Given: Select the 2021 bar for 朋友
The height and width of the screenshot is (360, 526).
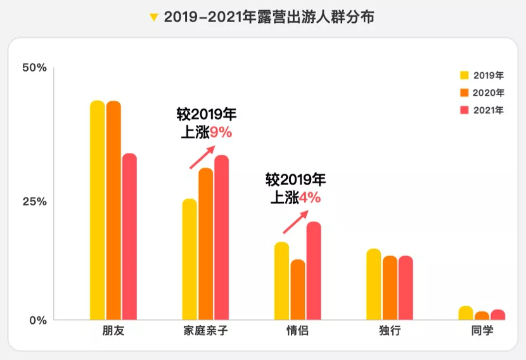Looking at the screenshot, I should (129, 236).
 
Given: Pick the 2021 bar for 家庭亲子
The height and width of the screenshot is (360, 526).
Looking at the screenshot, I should (222, 237).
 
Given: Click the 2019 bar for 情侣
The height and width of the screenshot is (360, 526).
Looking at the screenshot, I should (281, 281).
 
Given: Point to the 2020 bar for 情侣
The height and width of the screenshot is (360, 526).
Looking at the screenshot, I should (298, 290).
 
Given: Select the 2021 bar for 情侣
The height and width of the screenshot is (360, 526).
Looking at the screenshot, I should (314, 271).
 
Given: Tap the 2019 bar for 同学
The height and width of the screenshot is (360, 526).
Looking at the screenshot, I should (466, 313).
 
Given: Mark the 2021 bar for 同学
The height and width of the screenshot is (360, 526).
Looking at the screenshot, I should (498, 314).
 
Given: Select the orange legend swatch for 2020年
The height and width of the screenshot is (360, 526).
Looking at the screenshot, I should (464, 93).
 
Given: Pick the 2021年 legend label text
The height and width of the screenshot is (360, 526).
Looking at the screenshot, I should (489, 110).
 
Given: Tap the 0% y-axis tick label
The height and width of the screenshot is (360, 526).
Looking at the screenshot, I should (37, 320).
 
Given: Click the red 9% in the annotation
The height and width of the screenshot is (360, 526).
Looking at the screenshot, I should (221, 132).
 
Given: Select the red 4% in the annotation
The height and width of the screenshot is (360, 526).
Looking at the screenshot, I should (310, 198).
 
